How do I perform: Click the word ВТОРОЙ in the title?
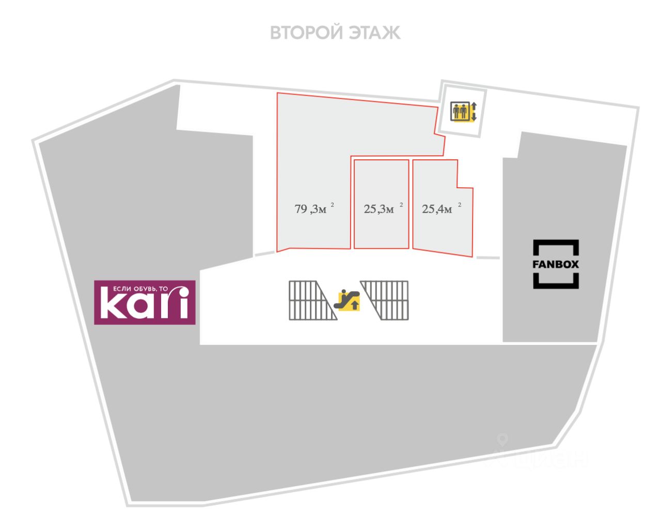coord(307,33)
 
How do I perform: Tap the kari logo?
coord(145,303)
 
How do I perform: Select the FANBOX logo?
coord(556,264)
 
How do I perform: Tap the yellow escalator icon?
coord(348,300)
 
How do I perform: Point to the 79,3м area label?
coord(311,209)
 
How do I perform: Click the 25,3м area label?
coord(379,209)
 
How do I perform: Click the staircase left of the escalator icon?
coord(310,300)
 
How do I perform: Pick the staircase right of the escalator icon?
coord(387,300)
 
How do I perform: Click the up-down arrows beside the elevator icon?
coord(474,112)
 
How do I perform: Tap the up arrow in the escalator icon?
coord(354,305)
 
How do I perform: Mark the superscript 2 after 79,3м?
coord(333,205)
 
